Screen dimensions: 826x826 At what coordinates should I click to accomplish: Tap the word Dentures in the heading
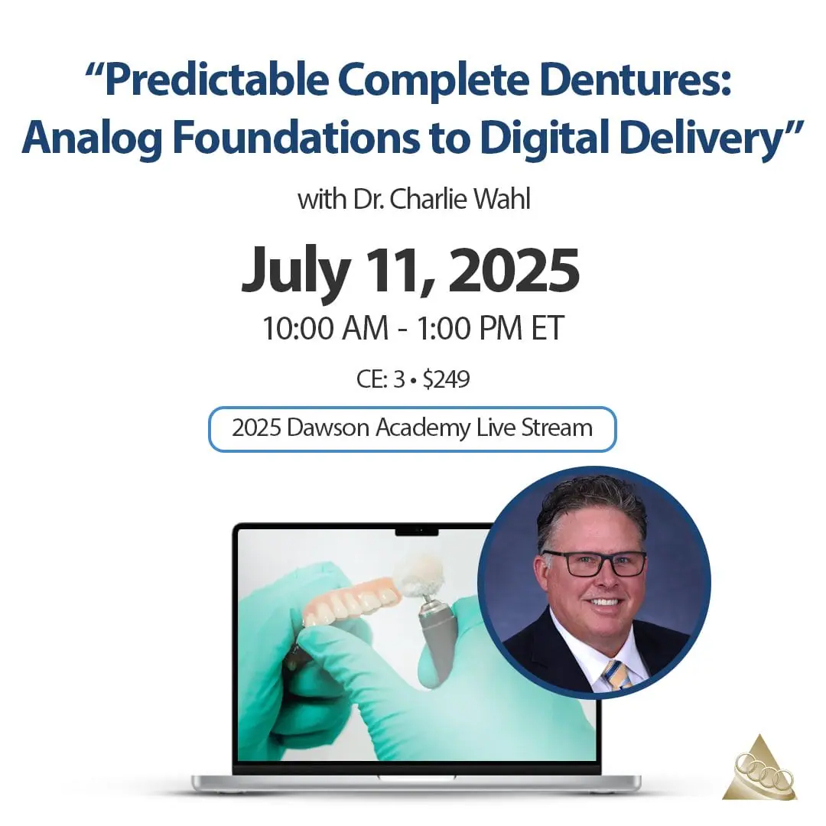(636, 80)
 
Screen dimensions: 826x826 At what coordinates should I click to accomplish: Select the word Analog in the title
(93, 138)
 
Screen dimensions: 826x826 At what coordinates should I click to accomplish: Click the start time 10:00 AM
(326, 327)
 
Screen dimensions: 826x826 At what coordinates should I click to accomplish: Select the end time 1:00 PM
(470, 327)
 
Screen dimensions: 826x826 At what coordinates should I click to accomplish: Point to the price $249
(446, 379)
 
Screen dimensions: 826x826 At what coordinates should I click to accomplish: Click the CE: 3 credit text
(380, 379)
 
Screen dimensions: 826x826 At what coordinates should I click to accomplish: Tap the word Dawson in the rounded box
(328, 428)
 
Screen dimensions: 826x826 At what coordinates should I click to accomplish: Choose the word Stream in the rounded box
(557, 428)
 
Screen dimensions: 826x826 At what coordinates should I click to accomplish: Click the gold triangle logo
(759, 770)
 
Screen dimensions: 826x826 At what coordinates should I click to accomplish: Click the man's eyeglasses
(594, 563)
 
